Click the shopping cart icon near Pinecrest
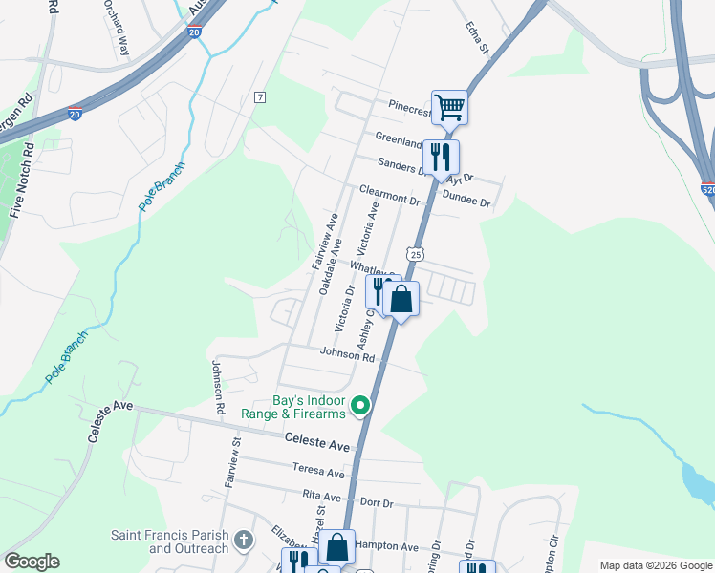tap(449, 106)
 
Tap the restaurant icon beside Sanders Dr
tap(440, 156)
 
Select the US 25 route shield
tap(414, 253)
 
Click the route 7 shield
tap(259, 97)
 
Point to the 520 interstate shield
tap(707, 189)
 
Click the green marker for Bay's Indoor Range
tap(361, 407)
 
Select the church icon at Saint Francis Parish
tap(244, 541)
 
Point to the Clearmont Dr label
tap(390, 196)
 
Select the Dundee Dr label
tap(466, 202)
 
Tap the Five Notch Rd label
tap(21, 181)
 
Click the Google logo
tap(32, 562)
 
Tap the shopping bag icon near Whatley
tap(402, 299)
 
